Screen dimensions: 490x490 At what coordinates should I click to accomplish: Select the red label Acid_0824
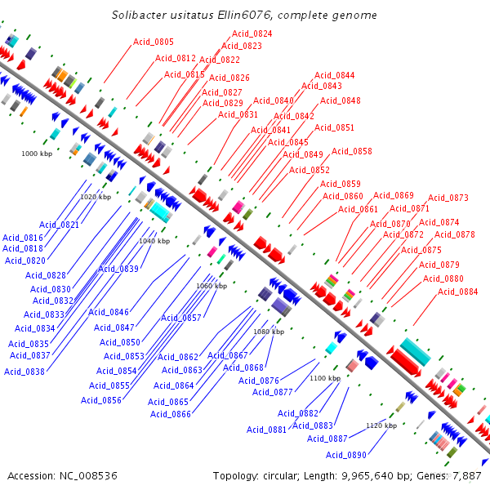pos(252,33)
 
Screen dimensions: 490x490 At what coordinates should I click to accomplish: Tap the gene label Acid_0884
pos(458,292)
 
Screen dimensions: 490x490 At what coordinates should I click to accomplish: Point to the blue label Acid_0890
pos(346,455)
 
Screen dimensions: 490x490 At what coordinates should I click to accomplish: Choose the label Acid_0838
pos(24,372)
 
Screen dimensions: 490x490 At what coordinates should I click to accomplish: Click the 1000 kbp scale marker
pos(37,153)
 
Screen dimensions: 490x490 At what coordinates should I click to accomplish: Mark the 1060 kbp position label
pos(212,286)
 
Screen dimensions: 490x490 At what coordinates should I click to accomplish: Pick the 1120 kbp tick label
pos(381,425)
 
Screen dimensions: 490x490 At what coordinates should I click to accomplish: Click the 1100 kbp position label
pos(324,378)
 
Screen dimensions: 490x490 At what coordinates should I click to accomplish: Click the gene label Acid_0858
pos(352,151)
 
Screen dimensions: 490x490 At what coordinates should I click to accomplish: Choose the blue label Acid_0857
pos(181,318)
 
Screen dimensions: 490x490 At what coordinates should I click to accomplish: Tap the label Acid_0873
pos(448,198)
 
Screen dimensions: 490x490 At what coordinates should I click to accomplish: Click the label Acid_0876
pos(259,381)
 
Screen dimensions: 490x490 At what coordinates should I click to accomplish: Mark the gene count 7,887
pos(465,475)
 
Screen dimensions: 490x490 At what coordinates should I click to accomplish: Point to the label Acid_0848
pos(341,100)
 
